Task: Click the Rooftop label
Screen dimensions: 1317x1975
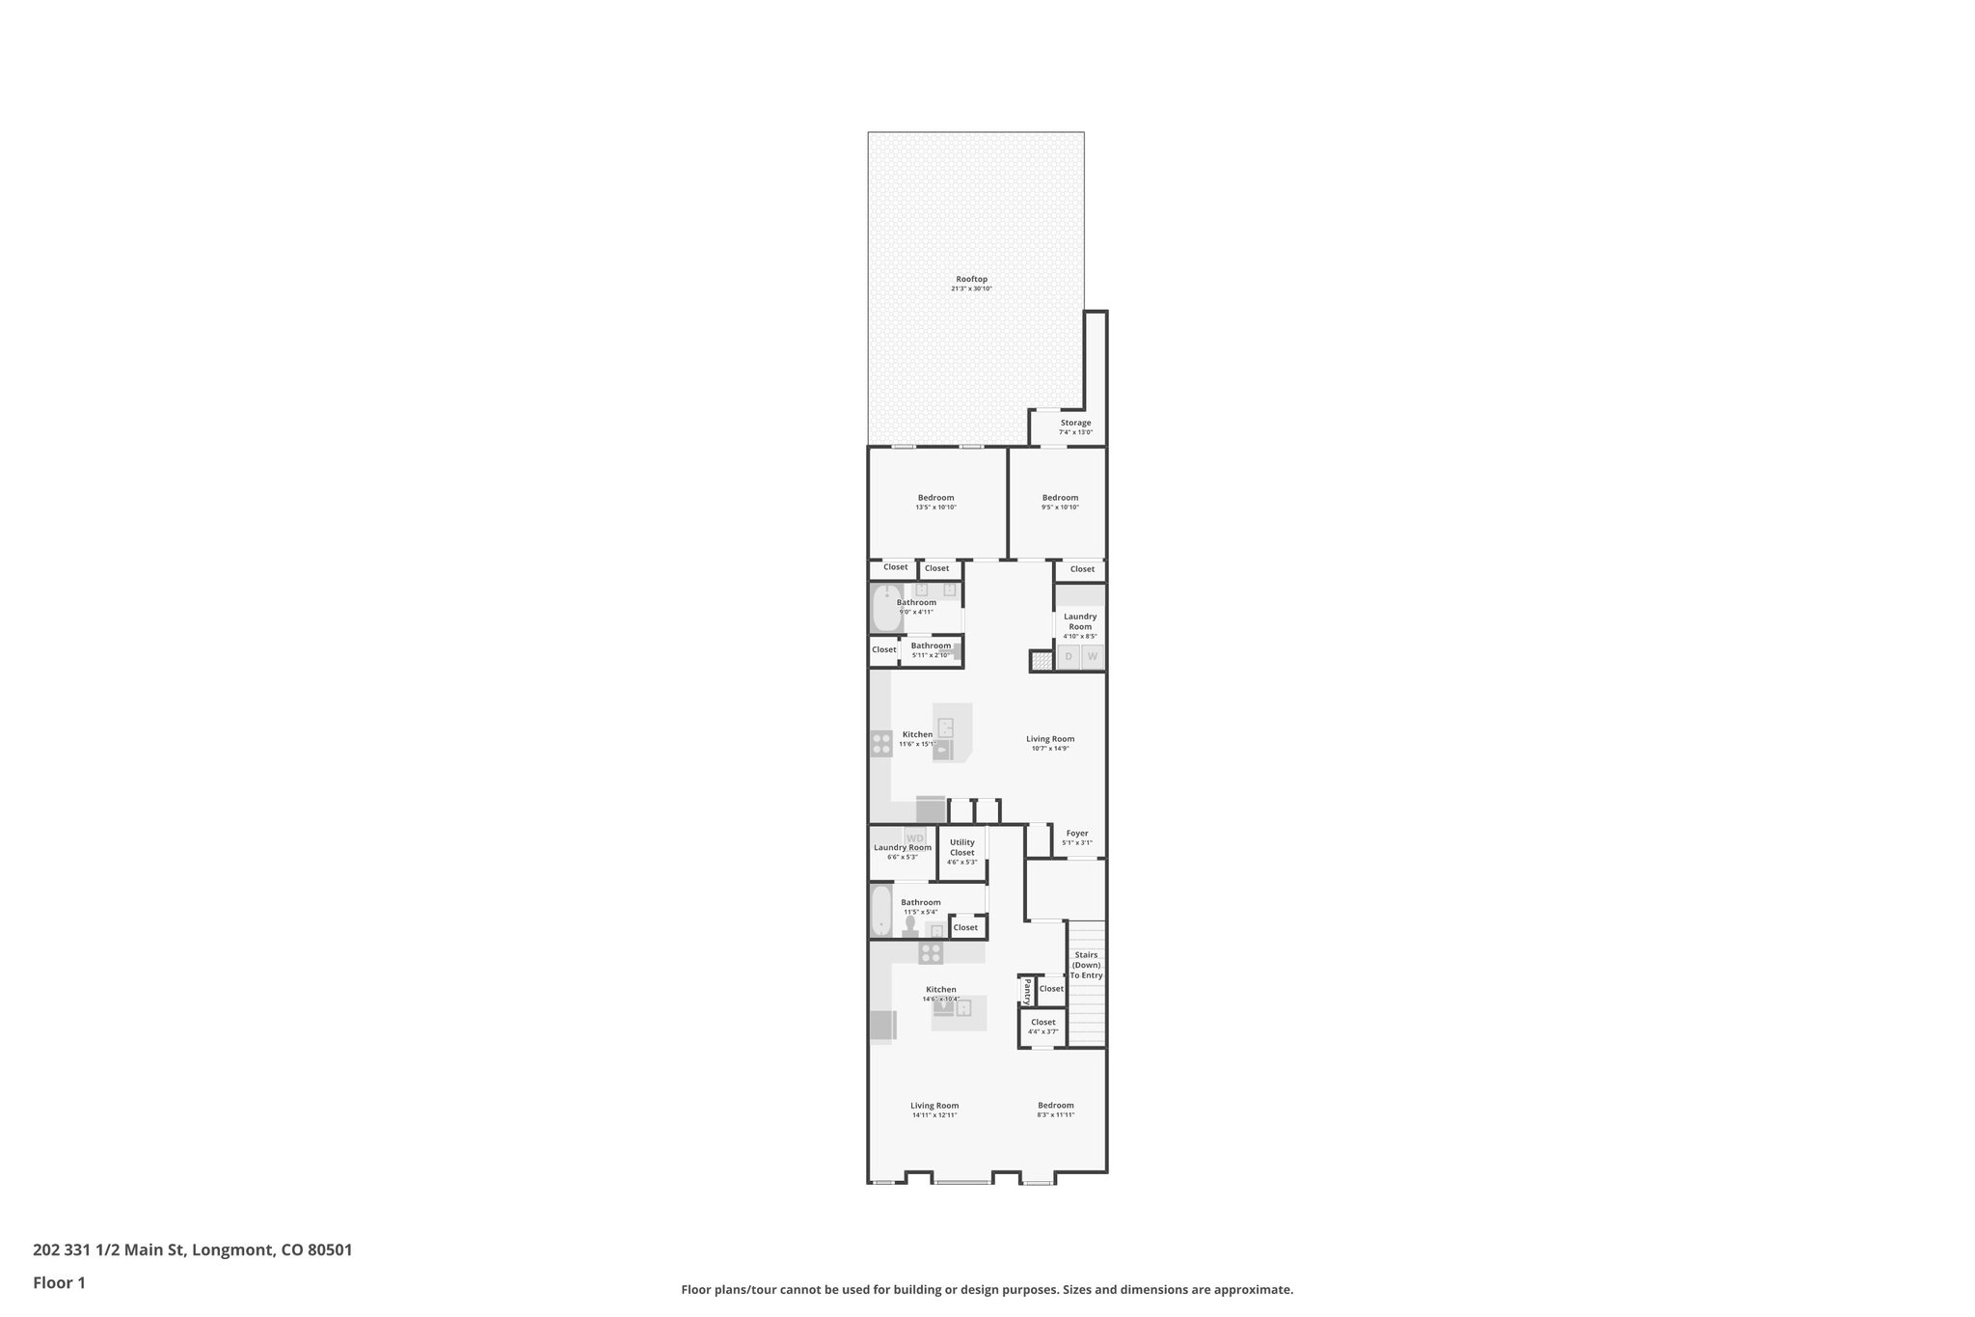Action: point(971,279)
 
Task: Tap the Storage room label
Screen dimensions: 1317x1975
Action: point(1075,423)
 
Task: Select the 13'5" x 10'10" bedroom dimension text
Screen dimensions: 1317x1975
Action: point(935,508)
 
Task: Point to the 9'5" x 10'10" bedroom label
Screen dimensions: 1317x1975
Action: point(1060,498)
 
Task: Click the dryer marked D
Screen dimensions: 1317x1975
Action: point(1068,657)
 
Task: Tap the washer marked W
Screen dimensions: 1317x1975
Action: point(1093,657)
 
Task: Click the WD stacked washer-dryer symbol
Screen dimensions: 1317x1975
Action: point(914,837)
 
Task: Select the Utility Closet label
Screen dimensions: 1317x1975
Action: point(961,847)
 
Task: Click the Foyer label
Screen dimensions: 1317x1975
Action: point(1077,833)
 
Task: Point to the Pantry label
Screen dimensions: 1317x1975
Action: point(1027,990)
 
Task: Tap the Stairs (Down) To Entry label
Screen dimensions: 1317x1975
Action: point(1086,965)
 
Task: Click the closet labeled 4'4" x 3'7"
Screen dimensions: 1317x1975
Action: point(1043,1027)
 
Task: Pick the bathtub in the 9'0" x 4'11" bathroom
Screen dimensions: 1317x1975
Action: point(883,609)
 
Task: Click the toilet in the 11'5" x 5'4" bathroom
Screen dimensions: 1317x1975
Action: point(910,928)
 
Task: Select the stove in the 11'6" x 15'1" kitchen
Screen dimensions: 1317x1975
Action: point(881,743)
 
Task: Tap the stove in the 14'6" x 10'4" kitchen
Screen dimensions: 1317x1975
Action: point(931,953)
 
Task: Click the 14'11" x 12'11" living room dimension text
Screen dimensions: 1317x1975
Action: point(934,1115)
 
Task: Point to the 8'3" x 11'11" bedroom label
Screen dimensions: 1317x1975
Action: point(1055,1106)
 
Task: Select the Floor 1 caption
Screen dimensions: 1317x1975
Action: point(59,1282)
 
